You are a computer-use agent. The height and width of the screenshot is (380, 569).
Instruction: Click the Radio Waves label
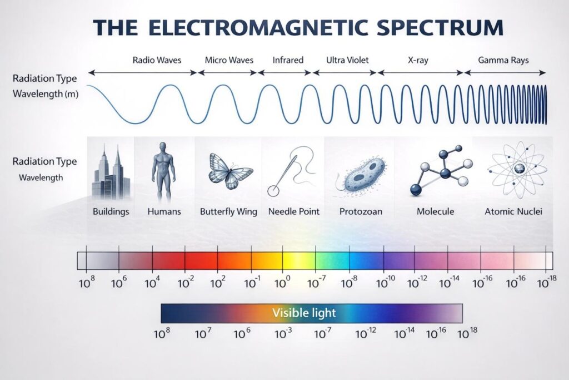tap(157, 60)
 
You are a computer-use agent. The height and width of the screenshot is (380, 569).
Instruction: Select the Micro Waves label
tap(229, 60)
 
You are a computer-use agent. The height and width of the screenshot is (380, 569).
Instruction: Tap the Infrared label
tap(288, 60)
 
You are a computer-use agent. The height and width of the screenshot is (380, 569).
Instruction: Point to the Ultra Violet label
tap(347, 60)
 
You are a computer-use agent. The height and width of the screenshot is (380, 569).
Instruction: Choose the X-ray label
tap(418, 60)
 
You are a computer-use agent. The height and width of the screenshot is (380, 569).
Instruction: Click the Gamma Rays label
tap(503, 60)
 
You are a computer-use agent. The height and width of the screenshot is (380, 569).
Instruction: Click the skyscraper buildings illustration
tap(111, 172)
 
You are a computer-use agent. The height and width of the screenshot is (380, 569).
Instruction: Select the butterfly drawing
tap(229, 171)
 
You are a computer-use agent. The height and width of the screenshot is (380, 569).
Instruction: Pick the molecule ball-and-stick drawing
tap(441, 170)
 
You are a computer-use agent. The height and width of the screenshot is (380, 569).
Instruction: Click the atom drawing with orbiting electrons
tap(517, 170)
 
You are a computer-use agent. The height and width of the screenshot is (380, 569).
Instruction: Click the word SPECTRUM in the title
tap(440, 28)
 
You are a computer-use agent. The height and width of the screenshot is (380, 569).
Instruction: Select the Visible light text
tap(304, 313)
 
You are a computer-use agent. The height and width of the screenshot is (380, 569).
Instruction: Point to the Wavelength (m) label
tap(46, 93)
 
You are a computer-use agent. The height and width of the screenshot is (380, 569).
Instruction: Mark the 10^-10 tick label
tap(385, 282)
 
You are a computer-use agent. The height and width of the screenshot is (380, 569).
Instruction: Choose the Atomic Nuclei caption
tap(513, 211)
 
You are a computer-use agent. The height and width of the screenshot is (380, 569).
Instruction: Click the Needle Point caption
tap(293, 211)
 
